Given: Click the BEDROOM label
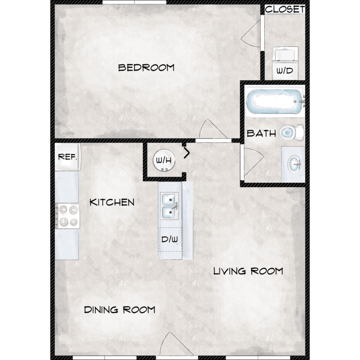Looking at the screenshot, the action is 146,68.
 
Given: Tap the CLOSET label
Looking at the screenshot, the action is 285,9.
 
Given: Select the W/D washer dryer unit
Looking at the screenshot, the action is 285,63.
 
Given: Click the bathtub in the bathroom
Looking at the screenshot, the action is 274,101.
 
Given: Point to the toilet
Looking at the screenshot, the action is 291,132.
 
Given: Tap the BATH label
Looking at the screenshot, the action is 261,133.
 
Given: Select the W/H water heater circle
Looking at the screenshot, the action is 164,160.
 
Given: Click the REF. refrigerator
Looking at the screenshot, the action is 68,157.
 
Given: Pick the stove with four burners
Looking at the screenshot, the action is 68,216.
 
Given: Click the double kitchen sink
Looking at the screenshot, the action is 169,206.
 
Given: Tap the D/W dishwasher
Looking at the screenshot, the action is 170,240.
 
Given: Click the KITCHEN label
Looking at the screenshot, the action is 112,202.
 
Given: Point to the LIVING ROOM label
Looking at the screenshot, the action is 248,271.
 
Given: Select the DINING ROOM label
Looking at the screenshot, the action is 120,310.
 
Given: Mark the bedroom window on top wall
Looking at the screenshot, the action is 134,2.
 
